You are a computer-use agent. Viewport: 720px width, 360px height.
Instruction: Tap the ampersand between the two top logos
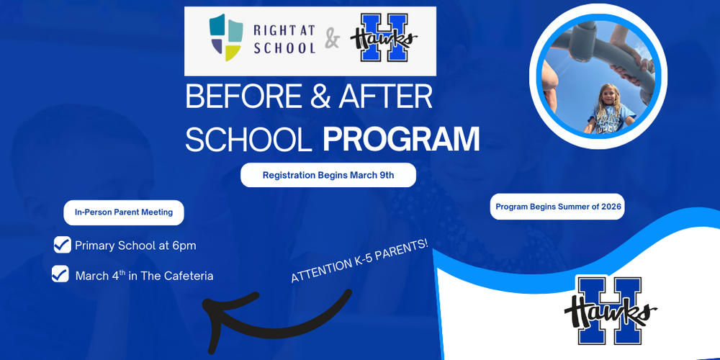click(x=332, y=40)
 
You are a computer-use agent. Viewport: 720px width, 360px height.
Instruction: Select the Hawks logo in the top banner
click(x=384, y=41)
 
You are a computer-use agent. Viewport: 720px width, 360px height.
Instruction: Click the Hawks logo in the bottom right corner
click(x=611, y=310)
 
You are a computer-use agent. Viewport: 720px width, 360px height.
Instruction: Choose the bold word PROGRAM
click(x=401, y=138)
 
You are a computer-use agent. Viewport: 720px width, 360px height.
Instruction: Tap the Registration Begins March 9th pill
click(x=328, y=175)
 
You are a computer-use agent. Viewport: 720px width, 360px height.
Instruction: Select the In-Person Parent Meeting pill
click(x=124, y=212)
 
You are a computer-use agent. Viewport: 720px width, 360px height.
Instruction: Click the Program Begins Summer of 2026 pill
click(x=557, y=207)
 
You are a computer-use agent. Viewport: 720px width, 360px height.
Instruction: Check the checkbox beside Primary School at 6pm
click(x=62, y=245)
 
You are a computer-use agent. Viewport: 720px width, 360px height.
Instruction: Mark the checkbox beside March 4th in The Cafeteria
click(x=60, y=274)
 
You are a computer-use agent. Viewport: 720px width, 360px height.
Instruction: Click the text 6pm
click(x=183, y=246)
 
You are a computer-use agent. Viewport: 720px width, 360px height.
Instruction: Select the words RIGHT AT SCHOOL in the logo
click(x=284, y=40)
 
